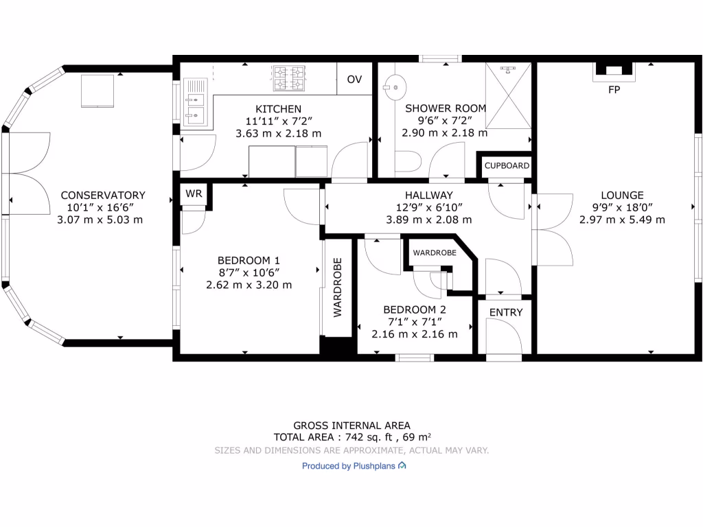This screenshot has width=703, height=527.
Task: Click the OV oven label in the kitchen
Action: (x=354, y=80)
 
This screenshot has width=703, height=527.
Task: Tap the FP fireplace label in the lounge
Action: (x=614, y=90)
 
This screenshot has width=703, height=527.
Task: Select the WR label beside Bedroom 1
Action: (x=194, y=194)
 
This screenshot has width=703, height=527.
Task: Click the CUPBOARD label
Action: (x=507, y=166)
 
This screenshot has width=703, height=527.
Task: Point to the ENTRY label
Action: (x=506, y=312)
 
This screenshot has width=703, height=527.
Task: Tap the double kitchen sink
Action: (x=195, y=102)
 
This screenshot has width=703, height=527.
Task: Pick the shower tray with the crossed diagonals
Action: (x=508, y=95)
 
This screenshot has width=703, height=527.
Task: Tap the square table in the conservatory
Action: (x=97, y=91)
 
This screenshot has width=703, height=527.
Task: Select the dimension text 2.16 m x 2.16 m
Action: (x=414, y=334)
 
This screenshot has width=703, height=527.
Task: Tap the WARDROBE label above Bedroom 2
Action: (x=435, y=253)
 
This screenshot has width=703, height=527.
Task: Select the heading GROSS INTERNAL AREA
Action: (x=351, y=425)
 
